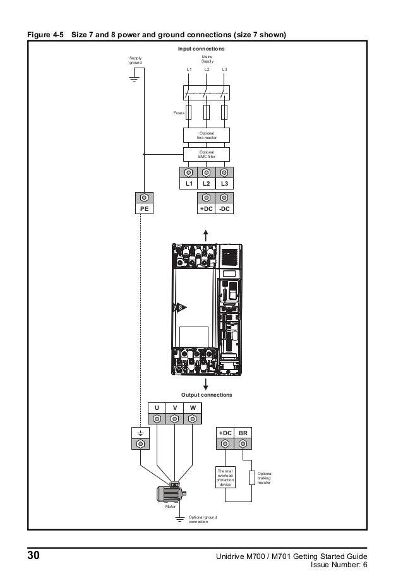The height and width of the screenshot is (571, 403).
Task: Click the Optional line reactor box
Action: (x=207, y=135)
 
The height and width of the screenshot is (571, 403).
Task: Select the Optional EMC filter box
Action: (x=207, y=154)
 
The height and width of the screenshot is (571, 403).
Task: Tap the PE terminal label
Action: (x=144, y=208)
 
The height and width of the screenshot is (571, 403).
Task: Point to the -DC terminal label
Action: (x=224, y=208)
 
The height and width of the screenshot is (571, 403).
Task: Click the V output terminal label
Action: (x=174, y=407)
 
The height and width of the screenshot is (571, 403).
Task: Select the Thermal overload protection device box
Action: (x=226, y=478)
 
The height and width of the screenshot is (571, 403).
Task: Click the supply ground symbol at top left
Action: (x=133, y=79)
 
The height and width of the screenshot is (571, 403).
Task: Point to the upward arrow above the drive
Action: (x=206, y=234)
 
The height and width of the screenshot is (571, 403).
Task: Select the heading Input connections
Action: (x=201, y=49)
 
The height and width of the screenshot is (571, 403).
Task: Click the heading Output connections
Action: (x=207, y=394)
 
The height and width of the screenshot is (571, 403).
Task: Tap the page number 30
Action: (x=33, y=556)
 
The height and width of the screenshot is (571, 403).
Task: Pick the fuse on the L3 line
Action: (x=224, y=112)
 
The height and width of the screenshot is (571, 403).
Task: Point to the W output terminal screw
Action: (x=192, y=419)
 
